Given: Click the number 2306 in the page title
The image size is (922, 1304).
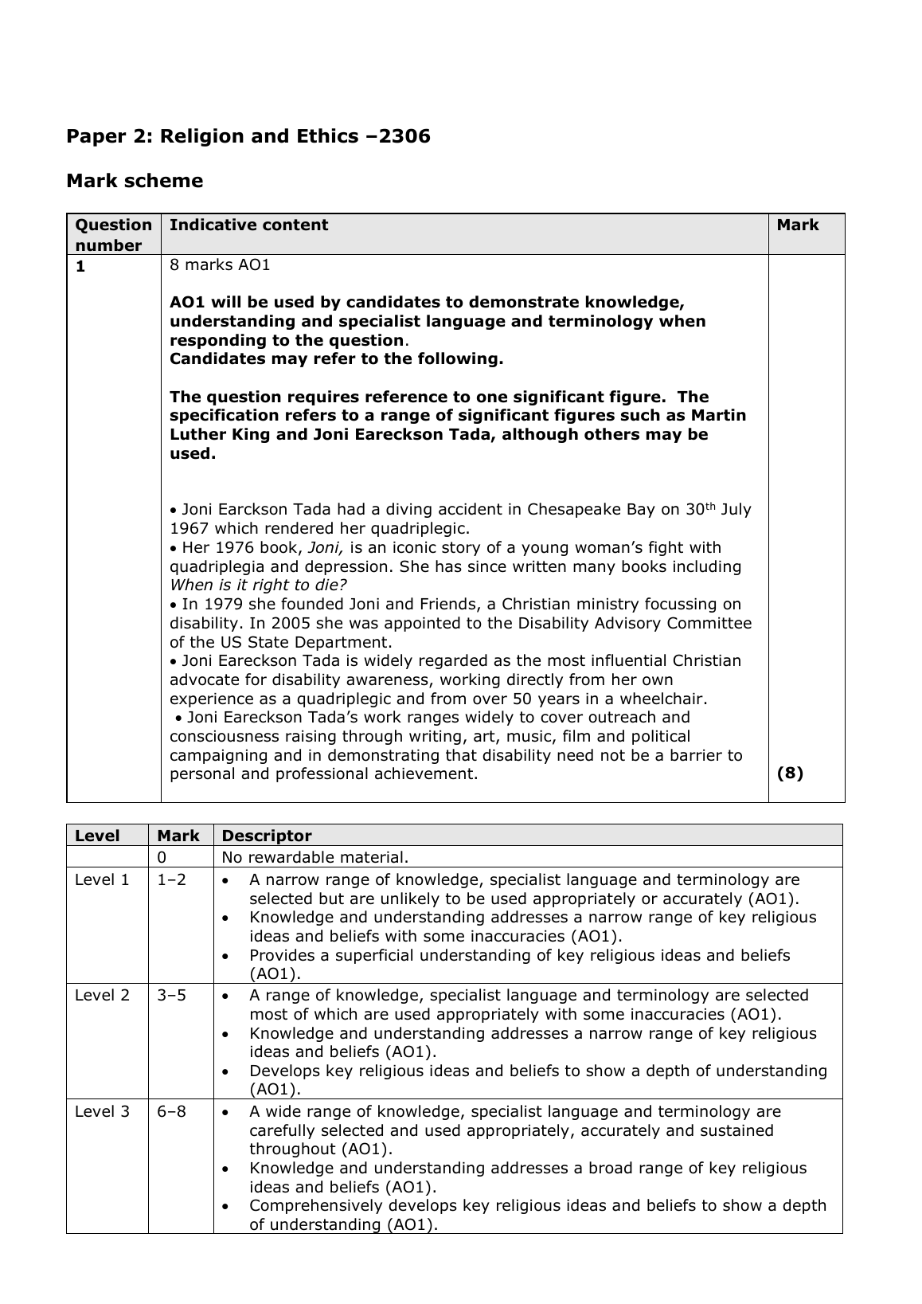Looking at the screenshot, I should coord(404,136).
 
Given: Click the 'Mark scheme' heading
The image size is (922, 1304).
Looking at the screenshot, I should coord(135,181).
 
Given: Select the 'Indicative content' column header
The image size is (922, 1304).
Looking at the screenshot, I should coord(248,225).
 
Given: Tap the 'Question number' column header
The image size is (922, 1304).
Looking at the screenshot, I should coord(113,235).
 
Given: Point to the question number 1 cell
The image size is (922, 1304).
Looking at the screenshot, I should coord(80,267).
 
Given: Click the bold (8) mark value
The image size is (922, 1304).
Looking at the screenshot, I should coord(790,773).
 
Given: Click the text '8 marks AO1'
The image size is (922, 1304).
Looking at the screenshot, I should coord(220,264).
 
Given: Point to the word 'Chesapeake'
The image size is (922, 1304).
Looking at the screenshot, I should coord(572,509).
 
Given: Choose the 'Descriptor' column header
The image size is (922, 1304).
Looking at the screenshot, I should coord(267,836).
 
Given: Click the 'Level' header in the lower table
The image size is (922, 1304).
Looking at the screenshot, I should coord(97,836).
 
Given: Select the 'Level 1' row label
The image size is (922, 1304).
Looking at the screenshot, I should coord(102,879).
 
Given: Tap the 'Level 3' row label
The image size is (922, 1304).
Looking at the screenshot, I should coord(102,1110).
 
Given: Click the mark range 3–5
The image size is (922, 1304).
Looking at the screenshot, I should coord(172,995).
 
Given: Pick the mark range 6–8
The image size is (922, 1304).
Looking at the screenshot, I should coord(172,1110).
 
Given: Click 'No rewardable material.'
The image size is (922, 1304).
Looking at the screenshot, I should coord(314,857).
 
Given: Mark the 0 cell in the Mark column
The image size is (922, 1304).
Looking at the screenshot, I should coord(162,857).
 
